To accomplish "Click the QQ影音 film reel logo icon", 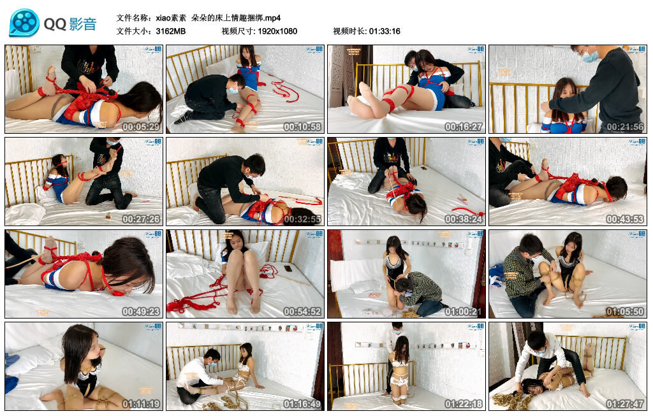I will click(x=24, y=23).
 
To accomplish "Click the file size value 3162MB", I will click(x=171, y=31).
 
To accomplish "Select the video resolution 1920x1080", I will click(x=277, y=31).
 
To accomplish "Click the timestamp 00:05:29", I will click(x=142, y=127).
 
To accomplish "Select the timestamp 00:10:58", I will click(x=303, y=127).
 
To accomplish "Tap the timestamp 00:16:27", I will click(x=464, y=127).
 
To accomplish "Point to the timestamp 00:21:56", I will click(x=626, y=127).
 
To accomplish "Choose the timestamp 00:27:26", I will click(x=142, y=219).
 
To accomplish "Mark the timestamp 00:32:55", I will click(x=303, y=219).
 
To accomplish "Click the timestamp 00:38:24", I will click(x=464, y=219).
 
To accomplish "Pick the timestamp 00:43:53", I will click(x=626, y=219).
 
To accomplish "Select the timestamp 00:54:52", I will click(x=303, y=312).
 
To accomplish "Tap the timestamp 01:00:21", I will click(x=464, y=312).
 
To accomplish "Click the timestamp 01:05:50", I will click(x=626, y=312).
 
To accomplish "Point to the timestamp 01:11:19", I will click(x=142, y=404).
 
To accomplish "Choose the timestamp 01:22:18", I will click(x=464, y=404).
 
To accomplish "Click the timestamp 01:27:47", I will click(x=626, y=404).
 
